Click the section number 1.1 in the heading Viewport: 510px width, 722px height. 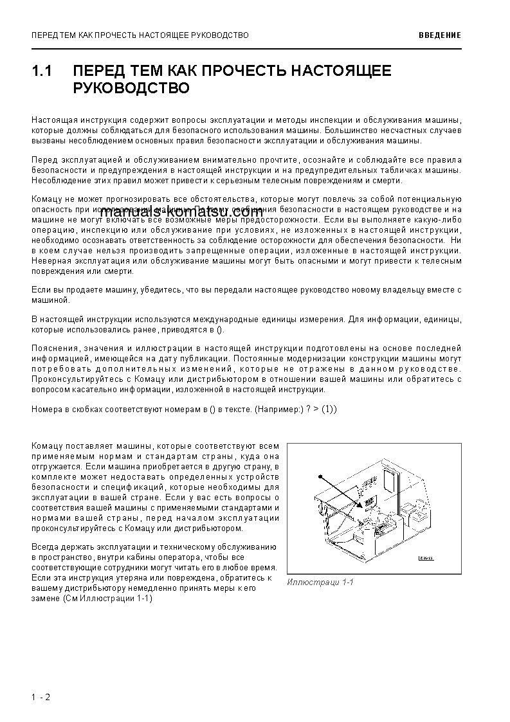click(42, 71)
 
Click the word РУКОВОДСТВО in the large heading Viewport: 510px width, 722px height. click(131, 88)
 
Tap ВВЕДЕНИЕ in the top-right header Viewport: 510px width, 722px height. click(440, 35)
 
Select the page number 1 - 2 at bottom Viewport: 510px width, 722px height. click(40, 697)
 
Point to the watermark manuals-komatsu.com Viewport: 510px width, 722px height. click(181, 213)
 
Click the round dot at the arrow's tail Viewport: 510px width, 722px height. click(319, 477)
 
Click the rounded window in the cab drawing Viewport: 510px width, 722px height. click(390, 478)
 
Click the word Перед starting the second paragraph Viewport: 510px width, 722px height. click(44, 159)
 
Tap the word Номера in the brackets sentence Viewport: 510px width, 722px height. click(47, 410)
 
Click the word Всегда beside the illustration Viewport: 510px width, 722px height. click(45, 547)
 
